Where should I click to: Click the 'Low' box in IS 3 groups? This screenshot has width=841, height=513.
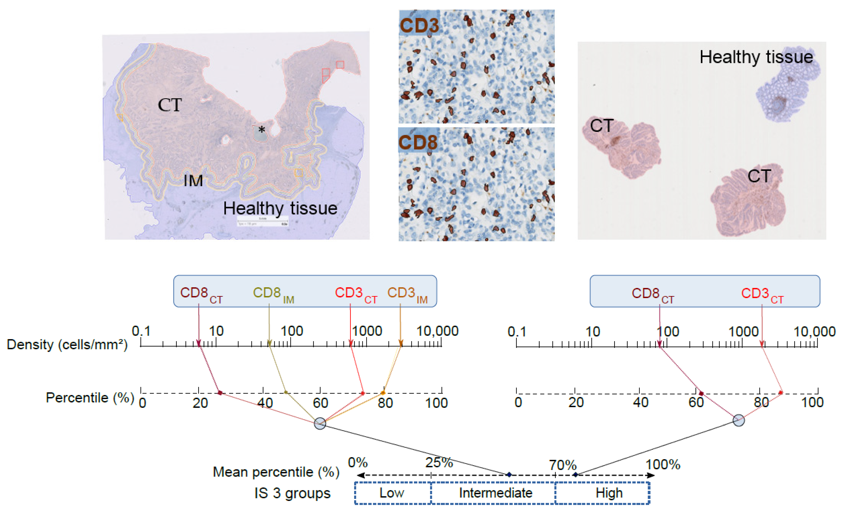[x=393, y=493]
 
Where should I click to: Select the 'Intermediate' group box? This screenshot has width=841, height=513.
[x=495, y=493]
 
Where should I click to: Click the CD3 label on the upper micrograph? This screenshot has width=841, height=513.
[x=419, y=25]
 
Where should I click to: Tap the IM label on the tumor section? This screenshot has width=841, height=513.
[x=193, y=181]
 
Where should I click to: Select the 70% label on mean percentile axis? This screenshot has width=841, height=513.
[x=562, y=465]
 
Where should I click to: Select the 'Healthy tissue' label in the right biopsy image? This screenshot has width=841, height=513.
[x=756, y=57]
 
